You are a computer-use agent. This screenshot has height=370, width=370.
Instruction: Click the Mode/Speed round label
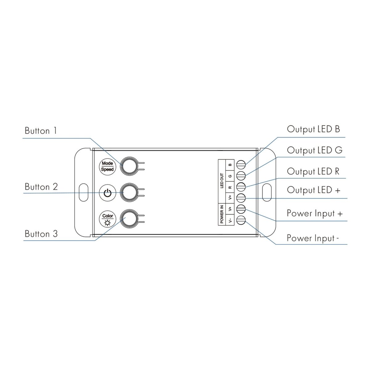107,166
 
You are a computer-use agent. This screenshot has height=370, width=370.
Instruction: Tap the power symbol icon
107,193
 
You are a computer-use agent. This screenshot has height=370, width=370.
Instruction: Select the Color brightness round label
107,219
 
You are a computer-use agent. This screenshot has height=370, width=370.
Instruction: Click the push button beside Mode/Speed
129,166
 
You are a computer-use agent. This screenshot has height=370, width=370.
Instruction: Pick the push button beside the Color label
129,219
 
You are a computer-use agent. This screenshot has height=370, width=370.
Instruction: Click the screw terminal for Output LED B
241,165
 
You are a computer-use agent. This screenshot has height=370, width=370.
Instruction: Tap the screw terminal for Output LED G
241,175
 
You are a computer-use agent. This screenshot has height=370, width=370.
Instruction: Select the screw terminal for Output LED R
241,187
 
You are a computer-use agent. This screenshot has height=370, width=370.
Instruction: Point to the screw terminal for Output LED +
241,198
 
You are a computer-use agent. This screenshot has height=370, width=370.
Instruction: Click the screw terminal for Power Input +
241,209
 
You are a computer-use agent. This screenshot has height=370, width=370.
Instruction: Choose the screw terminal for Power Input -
241,220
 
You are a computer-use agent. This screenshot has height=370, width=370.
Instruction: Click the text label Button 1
41,131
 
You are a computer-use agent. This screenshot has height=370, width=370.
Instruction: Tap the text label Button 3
41,234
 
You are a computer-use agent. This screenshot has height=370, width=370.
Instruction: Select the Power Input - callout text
313,238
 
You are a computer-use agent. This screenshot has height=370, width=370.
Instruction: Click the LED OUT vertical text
222,181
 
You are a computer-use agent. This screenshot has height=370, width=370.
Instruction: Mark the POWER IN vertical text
222,214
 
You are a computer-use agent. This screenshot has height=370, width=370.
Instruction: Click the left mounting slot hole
84,192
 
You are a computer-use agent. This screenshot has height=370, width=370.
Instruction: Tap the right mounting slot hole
267,192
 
